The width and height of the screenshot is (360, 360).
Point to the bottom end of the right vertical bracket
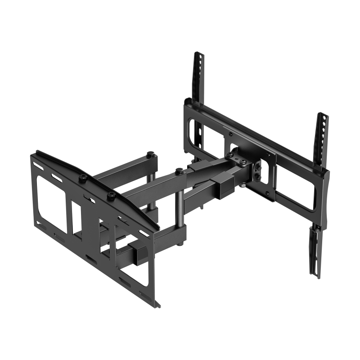tap(314, 272)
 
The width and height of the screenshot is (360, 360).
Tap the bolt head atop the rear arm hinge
tap(149, 156)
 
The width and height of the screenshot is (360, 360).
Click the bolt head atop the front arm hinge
tap(180, 170)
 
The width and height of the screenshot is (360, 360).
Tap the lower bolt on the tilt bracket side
tap(257, 178)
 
